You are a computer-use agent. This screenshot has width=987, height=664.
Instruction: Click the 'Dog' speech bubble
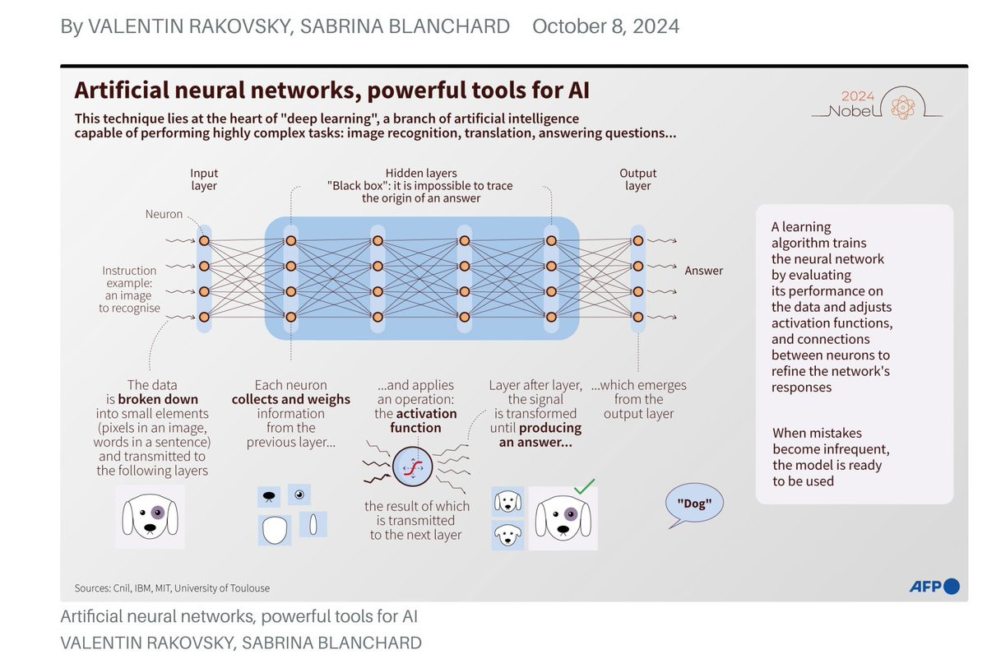(x=694, y=502)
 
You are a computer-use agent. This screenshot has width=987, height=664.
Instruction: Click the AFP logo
(x=934, y=587)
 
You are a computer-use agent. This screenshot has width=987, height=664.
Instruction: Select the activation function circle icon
(x=412, y=470)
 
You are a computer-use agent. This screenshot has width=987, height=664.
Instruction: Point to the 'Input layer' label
(x=204, y=179)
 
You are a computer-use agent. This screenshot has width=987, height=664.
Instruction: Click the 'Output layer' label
(x=637, y=179)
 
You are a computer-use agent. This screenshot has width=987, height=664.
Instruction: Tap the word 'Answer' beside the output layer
(x=703, y=271)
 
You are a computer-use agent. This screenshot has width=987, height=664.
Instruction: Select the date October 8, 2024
(x=605, y=26)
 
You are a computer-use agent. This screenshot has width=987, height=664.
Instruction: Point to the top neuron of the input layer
(x=204, y=240)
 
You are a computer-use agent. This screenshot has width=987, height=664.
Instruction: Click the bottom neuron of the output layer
(x=637, y=317)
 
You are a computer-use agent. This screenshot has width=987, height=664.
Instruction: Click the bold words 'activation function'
(x=415, y=420)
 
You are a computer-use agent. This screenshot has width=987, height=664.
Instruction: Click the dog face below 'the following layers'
(x=149, y=517)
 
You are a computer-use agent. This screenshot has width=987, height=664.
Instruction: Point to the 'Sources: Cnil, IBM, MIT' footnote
(x=171, y=588)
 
